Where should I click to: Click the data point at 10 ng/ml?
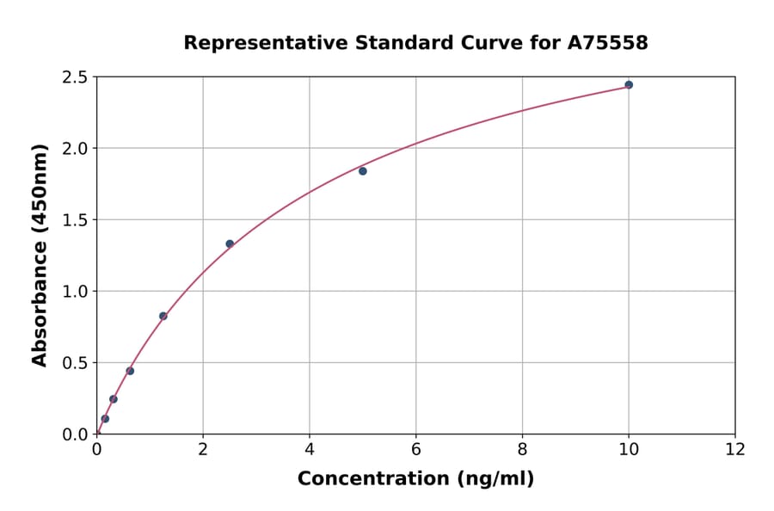tap(629, 84)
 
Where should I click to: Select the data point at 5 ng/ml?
tap(363, 171)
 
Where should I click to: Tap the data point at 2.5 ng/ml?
tap(230, 243)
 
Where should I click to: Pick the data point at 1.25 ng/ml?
tap(163, 316)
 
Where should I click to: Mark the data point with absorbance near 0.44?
tap(130, 371)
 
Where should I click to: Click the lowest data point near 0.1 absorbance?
tap(105, 419)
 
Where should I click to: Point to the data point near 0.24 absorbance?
tap(114, 399)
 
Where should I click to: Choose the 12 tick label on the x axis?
tap(734, 449)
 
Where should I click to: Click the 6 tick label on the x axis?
tap(415, 449)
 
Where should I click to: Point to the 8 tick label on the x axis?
tap(522, 449)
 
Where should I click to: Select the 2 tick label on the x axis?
tap(203, 449)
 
